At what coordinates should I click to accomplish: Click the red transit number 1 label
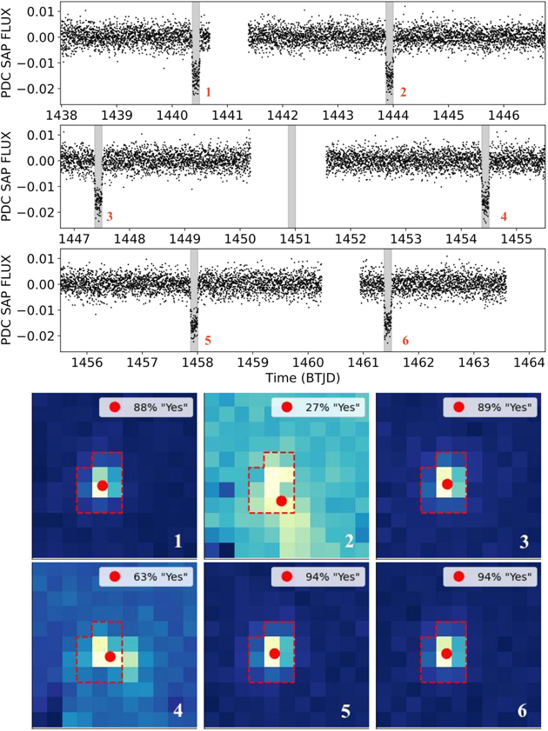point(207,91)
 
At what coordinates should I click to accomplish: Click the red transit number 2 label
point(403,91)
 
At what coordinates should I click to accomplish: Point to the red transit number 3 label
point(110,215)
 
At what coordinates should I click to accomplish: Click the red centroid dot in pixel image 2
point(281,501)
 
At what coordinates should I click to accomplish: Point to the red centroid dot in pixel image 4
point(110,656)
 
